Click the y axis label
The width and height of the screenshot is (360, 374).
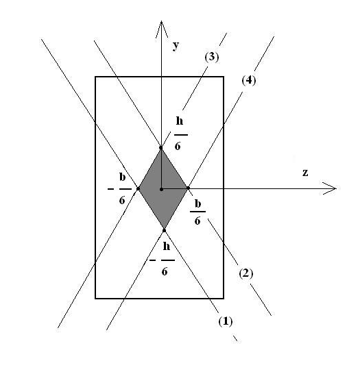176,46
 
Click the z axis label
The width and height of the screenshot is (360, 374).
305,173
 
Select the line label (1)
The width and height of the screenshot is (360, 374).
226,321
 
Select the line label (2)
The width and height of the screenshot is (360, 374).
246,273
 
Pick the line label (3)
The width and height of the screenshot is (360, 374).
212,58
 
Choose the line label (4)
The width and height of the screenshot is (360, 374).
249,80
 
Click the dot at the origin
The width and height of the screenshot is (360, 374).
161,189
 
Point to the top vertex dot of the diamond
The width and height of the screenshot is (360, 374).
161,148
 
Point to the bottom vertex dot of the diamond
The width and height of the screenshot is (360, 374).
165,231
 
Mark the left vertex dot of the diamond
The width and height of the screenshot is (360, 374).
138,189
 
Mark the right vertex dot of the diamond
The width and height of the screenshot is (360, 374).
188,188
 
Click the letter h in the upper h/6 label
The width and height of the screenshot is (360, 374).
180,121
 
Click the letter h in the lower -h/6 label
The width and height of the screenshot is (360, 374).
167,246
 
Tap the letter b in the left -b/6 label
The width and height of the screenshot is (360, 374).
123,177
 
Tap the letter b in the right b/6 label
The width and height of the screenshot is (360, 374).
198,203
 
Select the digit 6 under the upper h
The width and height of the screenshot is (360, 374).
178,146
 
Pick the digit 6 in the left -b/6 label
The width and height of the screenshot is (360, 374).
122,200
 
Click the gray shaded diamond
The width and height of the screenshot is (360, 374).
163,189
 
